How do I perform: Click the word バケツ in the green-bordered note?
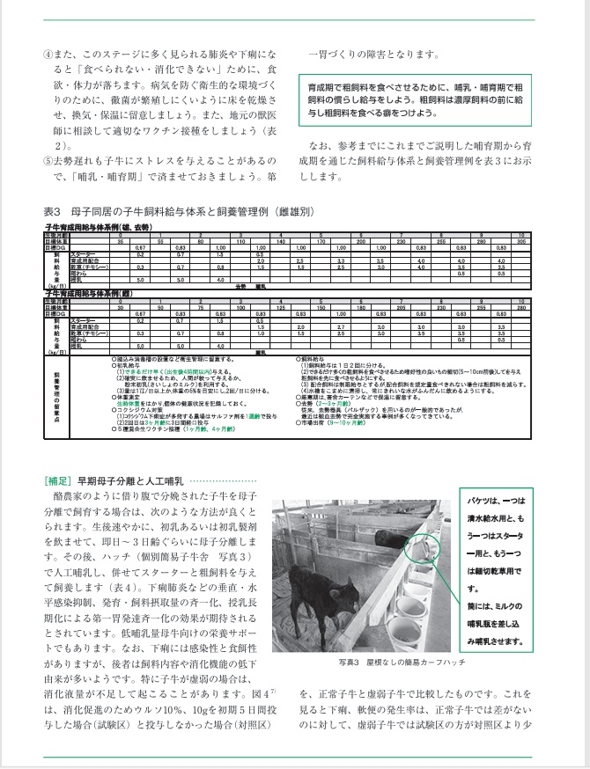point(482,500)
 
